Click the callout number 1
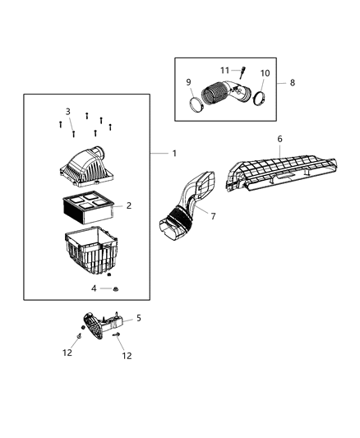pos(173,154)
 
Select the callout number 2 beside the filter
pos(128,206)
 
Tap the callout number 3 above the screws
pos(67,111)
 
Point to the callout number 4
pos(94,288)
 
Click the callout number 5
pos(138,317)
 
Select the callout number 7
pos(214,216)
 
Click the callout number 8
pos(292,83)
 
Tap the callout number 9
pos(188,82)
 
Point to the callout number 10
pos(265,73)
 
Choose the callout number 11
pos(224,70)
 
